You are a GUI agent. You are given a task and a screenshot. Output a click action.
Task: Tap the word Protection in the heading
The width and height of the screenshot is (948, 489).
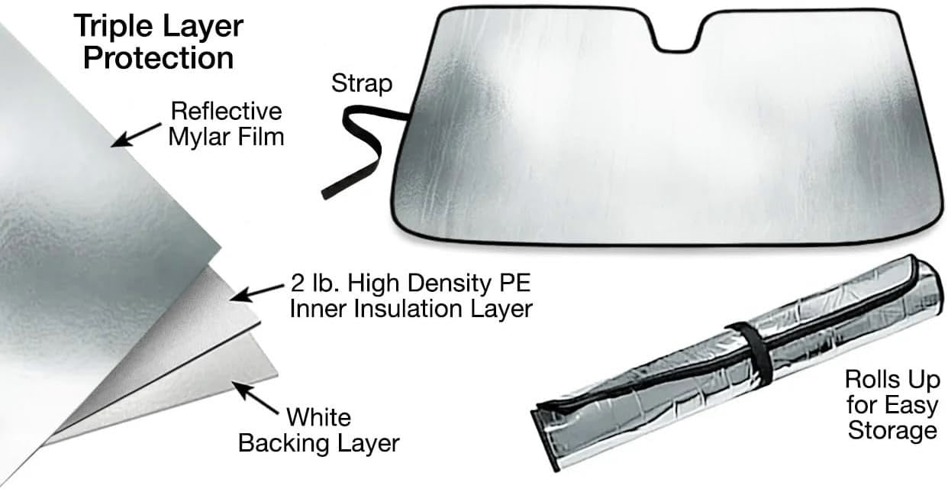pyautogui.click(x=158, y=58)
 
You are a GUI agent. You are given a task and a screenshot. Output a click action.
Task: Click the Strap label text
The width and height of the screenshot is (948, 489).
pyautogui.click(x=362, y=84)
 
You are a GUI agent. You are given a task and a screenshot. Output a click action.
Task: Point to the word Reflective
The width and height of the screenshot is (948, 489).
pyautogui.click(x=227, y=112)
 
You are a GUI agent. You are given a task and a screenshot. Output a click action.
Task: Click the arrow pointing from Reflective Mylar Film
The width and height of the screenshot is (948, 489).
pyautogui.click(x=137, y=135)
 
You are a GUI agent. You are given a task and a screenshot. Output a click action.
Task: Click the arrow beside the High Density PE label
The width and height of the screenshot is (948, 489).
pyautogui.click(x=257, y=293)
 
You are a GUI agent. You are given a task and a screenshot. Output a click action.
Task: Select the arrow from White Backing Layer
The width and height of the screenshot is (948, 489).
pyautogui.click(x=255, y=397)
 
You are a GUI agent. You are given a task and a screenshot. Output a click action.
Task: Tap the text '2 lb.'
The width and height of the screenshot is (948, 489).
pyautogui.click(x=315, y=283)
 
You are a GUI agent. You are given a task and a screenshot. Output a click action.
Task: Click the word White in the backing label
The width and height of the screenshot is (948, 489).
pyautogui.click(x=319, y=417)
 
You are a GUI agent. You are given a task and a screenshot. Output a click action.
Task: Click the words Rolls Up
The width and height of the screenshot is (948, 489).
pyautogui.click(x=892, y=380)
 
